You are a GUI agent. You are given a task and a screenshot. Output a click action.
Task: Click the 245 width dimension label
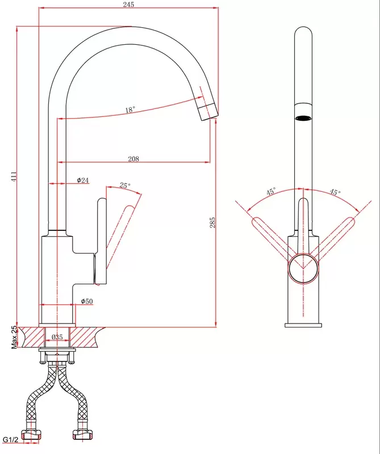tap(128, 5)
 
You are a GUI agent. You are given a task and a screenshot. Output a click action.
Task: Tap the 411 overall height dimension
tap(14, 176)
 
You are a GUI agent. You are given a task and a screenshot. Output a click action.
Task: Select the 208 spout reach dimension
tap(133, 159)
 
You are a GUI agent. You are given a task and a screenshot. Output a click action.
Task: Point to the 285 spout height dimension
tap(212, 222)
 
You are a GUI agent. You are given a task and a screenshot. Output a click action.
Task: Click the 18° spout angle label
tap(130, 110)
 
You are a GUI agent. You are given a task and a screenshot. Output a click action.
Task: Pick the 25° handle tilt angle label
tap(125, 185)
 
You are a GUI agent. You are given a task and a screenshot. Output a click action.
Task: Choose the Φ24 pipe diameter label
tap(82, 180)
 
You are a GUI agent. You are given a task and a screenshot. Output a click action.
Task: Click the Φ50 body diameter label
tap(87, 301)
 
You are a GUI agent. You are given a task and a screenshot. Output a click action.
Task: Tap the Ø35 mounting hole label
tap(57, 337)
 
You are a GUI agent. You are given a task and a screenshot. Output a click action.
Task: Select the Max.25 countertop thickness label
tap(14, 337)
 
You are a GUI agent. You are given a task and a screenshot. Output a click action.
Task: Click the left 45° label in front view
tap(271, 191)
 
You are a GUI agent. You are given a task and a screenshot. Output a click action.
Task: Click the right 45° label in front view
tap(335, 192)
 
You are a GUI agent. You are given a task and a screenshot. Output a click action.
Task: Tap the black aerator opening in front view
tap(303, 118)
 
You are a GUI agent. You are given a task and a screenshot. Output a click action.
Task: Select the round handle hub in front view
tap(303, 268)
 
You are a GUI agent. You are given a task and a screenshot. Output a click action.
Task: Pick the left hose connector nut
tap(32, 435)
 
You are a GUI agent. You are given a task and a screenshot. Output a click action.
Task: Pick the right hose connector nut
tap(82, 435)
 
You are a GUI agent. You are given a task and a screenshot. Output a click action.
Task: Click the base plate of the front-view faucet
tap(303, 325)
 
